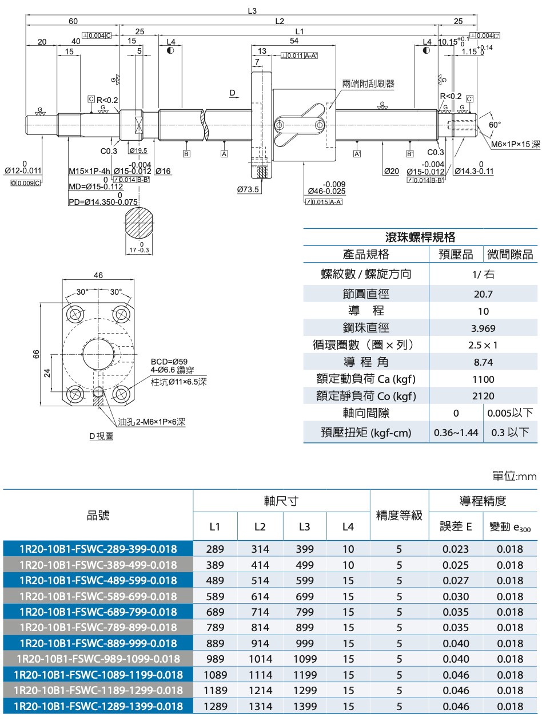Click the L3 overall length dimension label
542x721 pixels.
252,11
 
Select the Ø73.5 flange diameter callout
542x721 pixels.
248,189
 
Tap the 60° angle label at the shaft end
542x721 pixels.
495,124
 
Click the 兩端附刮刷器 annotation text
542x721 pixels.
368,84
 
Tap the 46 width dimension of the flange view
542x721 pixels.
98,275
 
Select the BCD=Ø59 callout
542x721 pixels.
169,362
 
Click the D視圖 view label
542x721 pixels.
101,436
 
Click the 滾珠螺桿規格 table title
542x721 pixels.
420,237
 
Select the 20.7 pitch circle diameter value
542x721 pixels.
483,294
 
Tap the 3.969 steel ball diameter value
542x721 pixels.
483,328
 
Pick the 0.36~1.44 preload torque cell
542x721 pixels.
456,433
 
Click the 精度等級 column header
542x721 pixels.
399,515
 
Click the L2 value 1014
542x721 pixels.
260,659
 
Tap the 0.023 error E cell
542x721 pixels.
456,549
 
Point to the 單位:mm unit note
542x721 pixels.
514,476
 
